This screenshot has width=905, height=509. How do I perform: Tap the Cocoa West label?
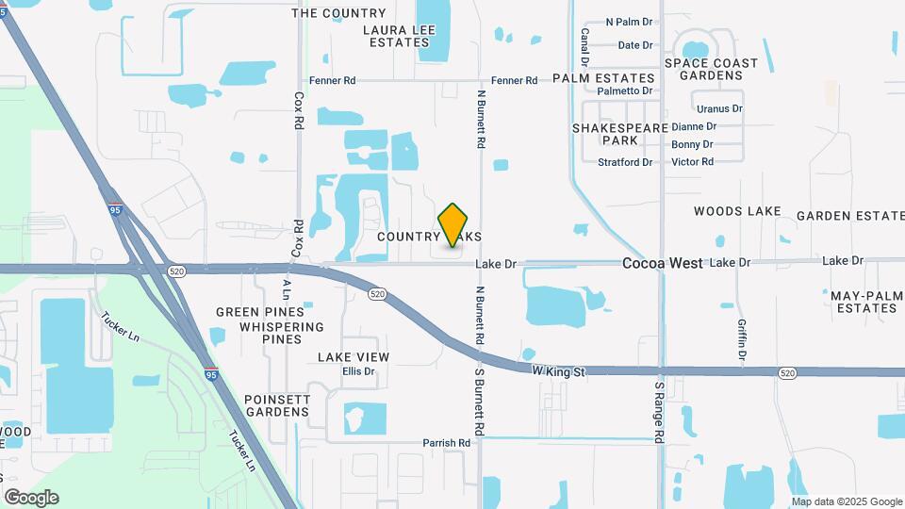[x=662, y=264]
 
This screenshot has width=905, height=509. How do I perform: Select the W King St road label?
[x=558, y=372]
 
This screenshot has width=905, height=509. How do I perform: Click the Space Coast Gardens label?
[x=711, y=69]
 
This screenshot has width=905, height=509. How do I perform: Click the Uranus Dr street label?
[x=719, y=108]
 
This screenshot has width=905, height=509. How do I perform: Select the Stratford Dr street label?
[x=625, y=162]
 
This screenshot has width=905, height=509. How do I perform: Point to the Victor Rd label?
[x=692, y=162]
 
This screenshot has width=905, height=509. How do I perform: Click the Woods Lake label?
[x=737, y=211]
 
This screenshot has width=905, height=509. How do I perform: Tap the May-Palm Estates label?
[x=867, y=302]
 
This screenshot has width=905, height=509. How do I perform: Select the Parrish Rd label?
[x=446, y=443]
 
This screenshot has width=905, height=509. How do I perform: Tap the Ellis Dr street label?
[x=358, y=371]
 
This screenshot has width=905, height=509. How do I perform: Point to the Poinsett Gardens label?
[x=277, y=405]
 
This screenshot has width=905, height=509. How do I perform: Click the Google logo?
[x=31, y=498]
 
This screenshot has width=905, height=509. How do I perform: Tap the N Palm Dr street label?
[x=629, y=22]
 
